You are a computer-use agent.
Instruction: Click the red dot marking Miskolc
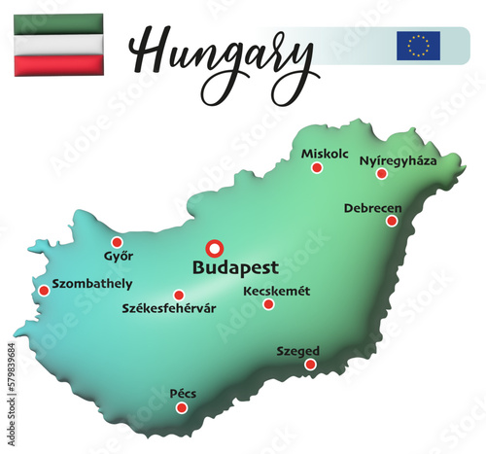point(317,168)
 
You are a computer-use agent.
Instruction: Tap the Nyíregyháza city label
point(399,160)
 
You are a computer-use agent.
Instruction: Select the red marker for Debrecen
point(392,221)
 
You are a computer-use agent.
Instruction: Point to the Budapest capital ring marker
point(216,248)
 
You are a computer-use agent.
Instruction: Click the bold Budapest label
point(236,267)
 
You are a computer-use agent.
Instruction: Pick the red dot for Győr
point(118,242)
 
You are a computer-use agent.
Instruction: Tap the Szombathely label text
point(92,285)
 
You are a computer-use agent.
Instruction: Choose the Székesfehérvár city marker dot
point(179,295)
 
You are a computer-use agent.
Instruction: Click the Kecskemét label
point(277,290)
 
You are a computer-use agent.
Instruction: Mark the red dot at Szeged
point(310,365)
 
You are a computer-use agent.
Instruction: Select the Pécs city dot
point(182,407)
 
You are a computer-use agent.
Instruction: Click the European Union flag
point(418,46)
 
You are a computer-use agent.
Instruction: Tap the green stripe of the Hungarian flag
point(59,23)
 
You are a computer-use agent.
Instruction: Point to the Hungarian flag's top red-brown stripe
point(59,64)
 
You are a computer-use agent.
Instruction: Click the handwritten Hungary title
point(224,49)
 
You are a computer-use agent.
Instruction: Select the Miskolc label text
point(325,154)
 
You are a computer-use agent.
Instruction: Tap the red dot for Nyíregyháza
point(382,174)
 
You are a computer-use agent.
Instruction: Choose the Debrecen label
point(372,207)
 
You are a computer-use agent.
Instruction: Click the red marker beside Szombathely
point(44,290)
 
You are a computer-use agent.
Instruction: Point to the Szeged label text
point(298,351)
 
